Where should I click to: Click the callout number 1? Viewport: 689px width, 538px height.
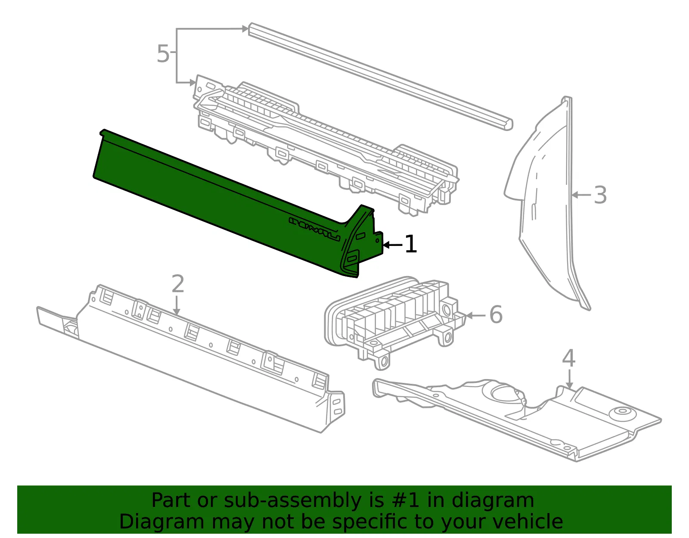(411, 244)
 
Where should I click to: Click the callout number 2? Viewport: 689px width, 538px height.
(177, 284)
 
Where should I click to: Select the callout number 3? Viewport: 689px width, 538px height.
(600, 195)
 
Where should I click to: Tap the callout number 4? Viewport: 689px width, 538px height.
(568, 358)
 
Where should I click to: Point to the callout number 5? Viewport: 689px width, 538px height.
(163, 53)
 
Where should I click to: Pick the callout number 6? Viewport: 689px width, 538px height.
(496, 314)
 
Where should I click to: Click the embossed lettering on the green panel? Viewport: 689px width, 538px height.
(314, 229)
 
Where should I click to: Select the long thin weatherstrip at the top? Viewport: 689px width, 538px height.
(380, 76)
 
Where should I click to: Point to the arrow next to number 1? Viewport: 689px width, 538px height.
(393, 245)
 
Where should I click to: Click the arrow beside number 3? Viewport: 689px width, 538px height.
(581, 195)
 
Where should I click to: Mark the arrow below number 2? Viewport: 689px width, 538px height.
(177, 306)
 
